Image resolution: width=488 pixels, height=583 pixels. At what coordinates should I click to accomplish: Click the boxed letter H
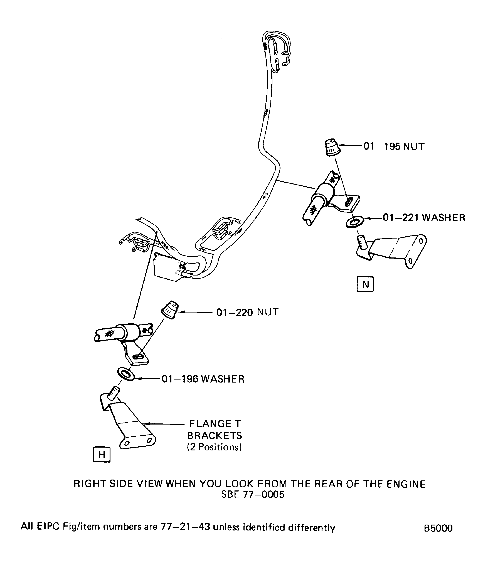(102, 455)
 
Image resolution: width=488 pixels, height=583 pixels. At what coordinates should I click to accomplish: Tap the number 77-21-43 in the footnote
(185, 527)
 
